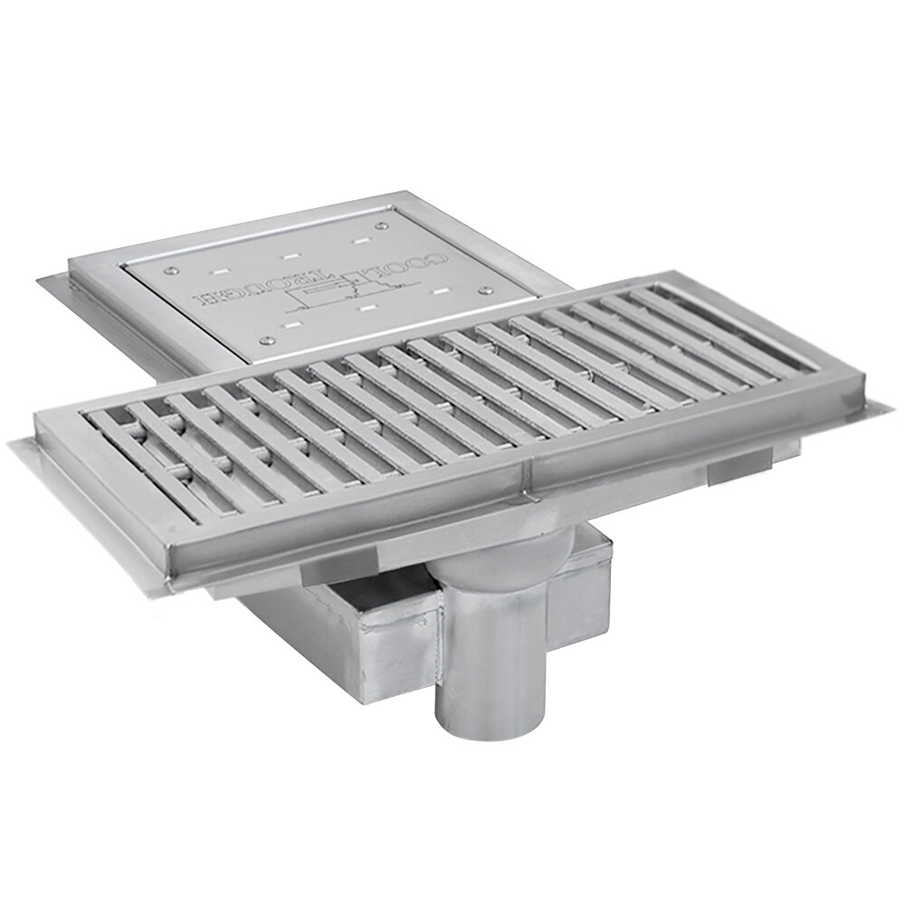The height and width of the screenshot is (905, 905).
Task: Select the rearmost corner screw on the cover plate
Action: [x=382, y=225]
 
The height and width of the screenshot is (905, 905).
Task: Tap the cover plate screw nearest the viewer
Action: [x=268, y=340]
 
